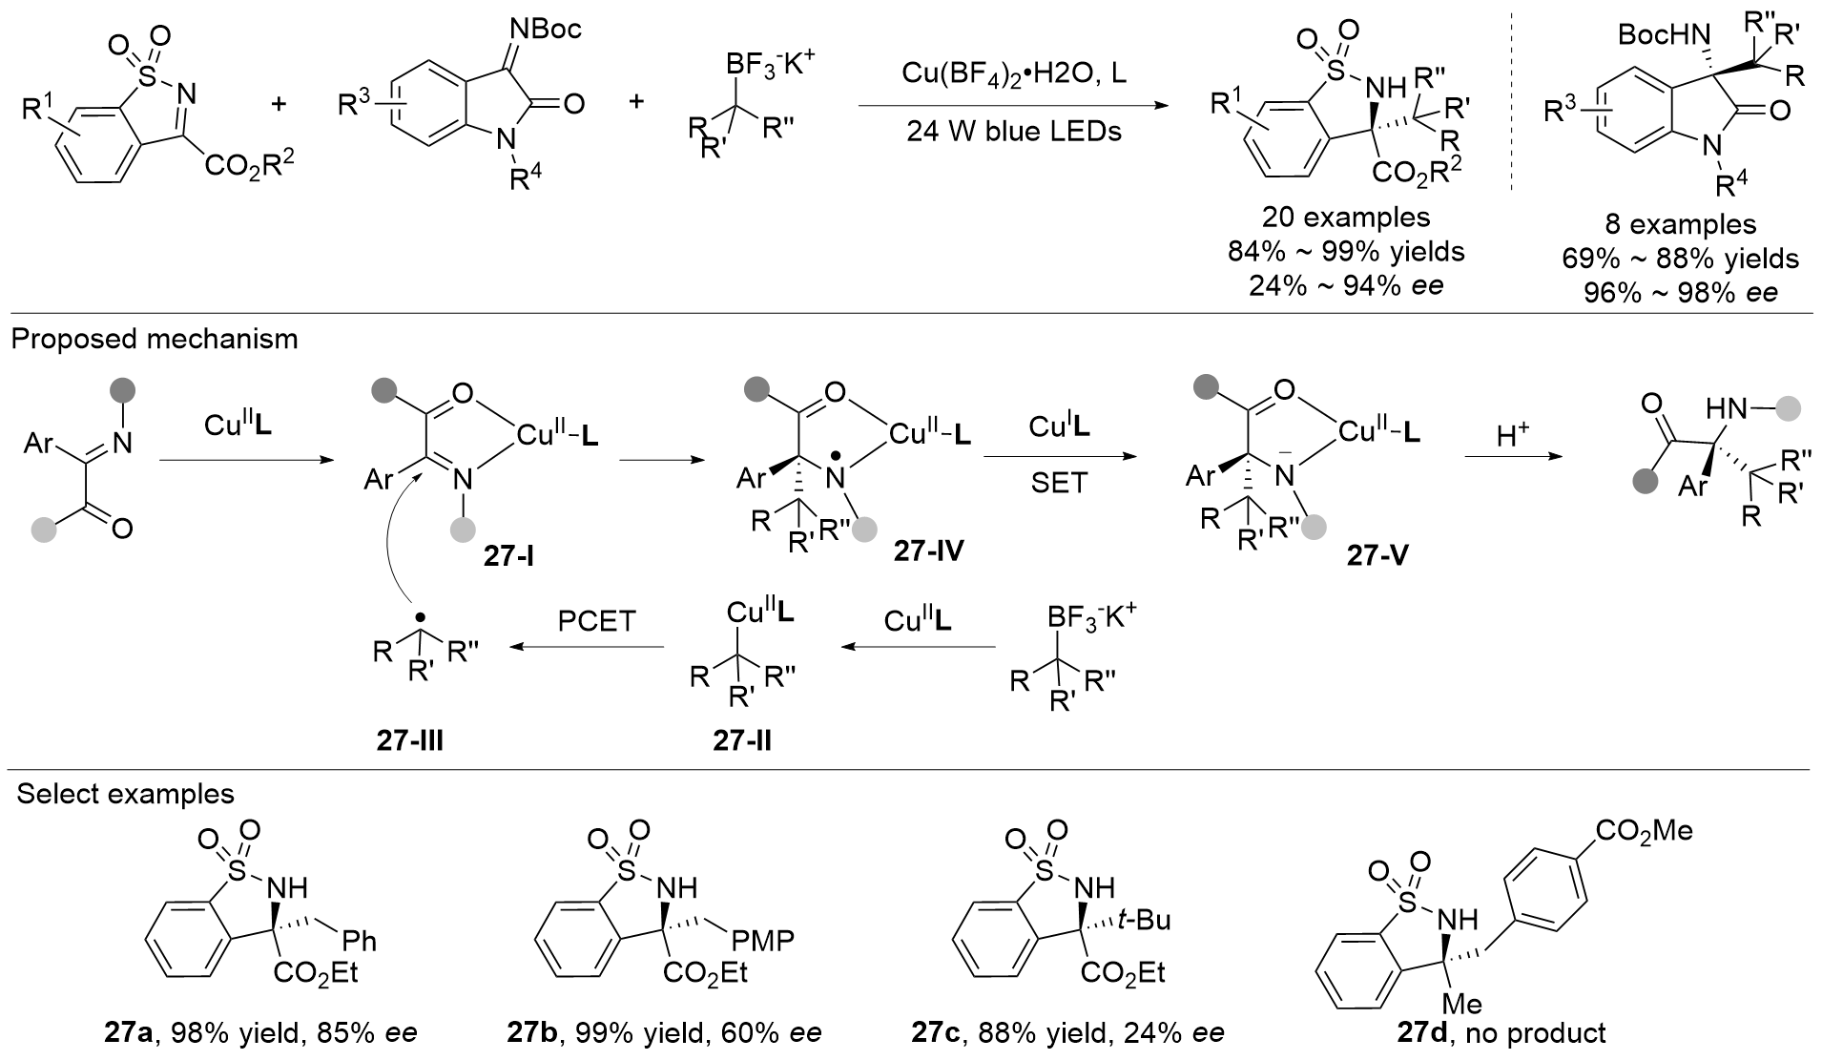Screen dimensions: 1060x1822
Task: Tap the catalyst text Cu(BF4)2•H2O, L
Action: (1014, 73)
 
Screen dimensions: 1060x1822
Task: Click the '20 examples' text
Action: (1346, 218)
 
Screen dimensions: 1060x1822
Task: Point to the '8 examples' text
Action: (1679, 224)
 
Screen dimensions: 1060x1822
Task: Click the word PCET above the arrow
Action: (596, 621)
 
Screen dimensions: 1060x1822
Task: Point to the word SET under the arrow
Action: (1059, 484)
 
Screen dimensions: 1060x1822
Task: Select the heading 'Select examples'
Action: (125, 794)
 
